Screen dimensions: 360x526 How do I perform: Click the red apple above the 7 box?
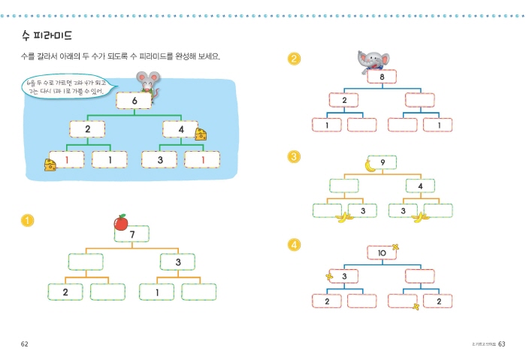pyautogui.click(x=120, y=222)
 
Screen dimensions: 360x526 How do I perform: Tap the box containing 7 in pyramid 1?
pyautogui.click(x=132, y=234)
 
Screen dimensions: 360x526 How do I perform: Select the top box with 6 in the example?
pyautogui.click(x=134, y=101)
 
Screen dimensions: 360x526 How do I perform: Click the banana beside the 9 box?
pyautogui.click(x=369, y=165)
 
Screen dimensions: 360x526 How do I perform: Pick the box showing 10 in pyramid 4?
pyautogui.click(x=382, y=253)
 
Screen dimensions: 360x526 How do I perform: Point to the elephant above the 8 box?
pyautogui.click(x=373, y=60)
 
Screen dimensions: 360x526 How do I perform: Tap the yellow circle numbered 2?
pyautogui.click(x=295, y=58)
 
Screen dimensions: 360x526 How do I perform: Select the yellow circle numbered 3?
pyautogui.click(x=295, y=156)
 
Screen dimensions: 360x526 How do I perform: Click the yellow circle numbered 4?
pyautogui.click(x=295, y=244)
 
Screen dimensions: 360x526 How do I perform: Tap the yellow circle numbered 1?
pyautogui.click(x=28, y=220)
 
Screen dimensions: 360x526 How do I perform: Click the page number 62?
pyautogui.click(x=24, y=344)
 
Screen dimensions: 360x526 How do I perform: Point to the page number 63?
pyautogui.click(x=502, y=344)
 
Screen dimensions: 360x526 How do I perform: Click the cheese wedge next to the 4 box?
pyautogui.click(x=201, y=134)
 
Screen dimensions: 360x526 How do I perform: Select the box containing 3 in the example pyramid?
pyautogui.click(x=159, y=159)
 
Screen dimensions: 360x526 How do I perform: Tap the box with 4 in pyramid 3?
pyautogui.click(x=420, y=186)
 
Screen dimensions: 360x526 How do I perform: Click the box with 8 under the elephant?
pyautogui.click(x=382, y=77)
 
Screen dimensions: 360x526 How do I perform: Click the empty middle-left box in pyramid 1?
pyautogui.click(x=85, y=262)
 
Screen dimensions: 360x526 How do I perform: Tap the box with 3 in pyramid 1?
pyautogui.click(x=178, y=262)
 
